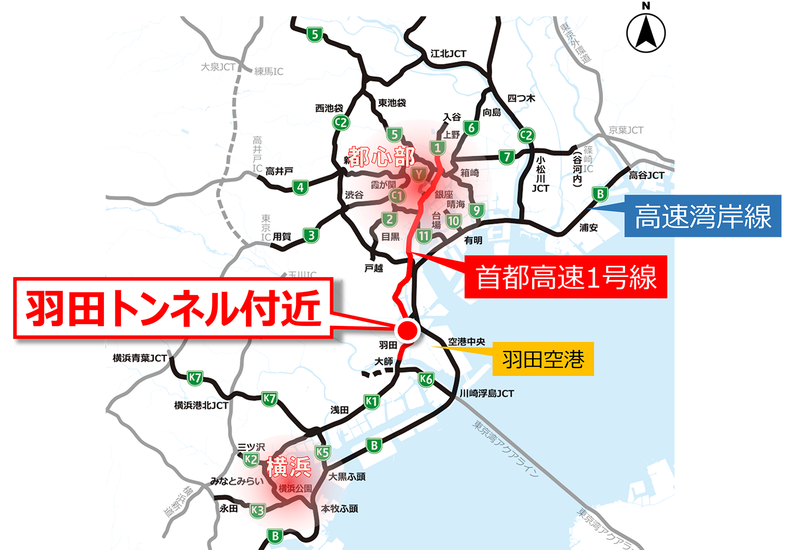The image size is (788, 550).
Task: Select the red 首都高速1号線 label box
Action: [566, 277]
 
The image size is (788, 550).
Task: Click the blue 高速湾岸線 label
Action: [703, 216]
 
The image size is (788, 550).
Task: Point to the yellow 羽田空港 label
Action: [543, 359]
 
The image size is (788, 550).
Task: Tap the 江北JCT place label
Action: [448, 53]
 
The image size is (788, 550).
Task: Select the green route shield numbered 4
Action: [300, 187]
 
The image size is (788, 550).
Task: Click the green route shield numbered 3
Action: [311, 235]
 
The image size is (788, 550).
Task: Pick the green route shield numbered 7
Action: [507, 157]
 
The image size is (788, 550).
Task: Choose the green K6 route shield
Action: [426, 379]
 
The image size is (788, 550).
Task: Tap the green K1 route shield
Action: [371, 401]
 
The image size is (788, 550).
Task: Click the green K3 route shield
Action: [257, 510]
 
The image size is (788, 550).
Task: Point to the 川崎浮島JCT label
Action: [487, 393]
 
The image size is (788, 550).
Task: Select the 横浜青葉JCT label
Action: [140, 358]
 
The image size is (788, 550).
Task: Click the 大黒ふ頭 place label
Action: [347, 476]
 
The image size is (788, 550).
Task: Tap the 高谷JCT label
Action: [646, 175]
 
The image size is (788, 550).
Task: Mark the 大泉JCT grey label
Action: [218, 67]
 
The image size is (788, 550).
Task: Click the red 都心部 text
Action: [381, 157]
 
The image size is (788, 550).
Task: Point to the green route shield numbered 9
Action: [476, 210]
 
